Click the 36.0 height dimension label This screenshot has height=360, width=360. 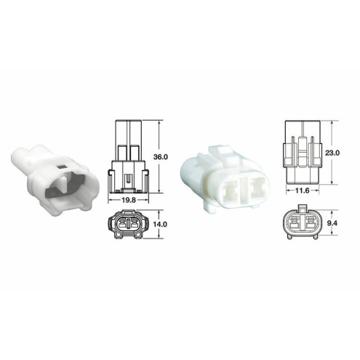click(x=162, y=156)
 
